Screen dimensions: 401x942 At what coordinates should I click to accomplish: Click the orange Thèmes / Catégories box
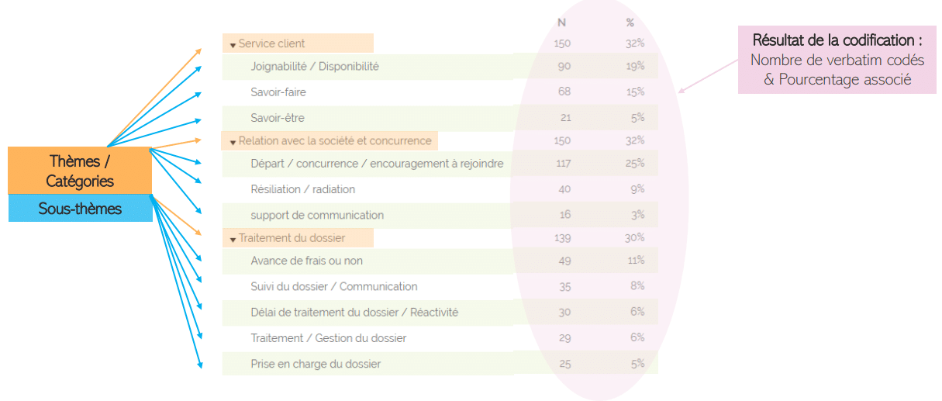[81, 171]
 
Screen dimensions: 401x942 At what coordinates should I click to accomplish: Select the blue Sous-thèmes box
[81, 209]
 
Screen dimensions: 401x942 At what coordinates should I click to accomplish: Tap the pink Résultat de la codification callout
[837, 59]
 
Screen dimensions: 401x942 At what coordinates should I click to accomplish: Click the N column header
[562, 22]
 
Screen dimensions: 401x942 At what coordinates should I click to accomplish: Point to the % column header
[630, 22]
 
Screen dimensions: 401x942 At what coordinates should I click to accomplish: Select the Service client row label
[271, 43]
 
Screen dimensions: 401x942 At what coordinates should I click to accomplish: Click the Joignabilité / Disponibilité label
[315, 67]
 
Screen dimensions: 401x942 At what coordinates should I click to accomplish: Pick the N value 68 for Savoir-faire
[564, 92]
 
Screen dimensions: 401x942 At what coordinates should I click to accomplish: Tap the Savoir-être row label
[278, 118]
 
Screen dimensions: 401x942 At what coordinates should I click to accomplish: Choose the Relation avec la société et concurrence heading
[335, 140]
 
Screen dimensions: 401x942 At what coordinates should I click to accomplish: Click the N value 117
[563, 163]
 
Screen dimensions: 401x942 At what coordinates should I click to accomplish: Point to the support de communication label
[317, 215]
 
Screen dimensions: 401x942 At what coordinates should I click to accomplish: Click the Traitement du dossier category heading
[292, 237]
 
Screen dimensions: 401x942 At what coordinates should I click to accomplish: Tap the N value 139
[563, 237]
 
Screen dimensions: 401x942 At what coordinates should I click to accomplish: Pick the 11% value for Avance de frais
[636, 260]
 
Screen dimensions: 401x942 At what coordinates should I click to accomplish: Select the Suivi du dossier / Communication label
[334, 286]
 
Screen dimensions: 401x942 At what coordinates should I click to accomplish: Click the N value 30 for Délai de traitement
[564, 312]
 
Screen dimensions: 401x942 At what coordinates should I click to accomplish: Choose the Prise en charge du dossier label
[316, 363]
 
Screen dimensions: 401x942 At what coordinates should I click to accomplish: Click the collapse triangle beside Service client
[233, 45]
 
